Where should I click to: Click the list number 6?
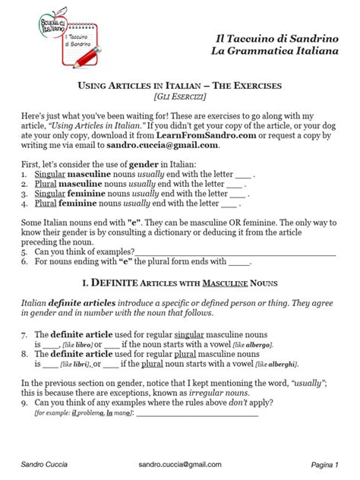26,262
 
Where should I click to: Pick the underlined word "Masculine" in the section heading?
223,284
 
